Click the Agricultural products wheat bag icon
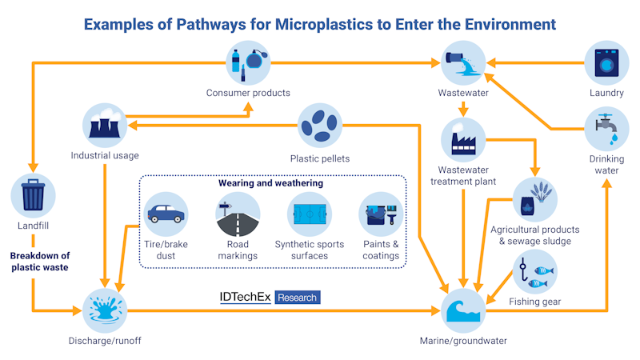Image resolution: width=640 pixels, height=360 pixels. click(x=534, y=198)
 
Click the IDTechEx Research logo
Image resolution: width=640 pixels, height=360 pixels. click(x=269, y=298)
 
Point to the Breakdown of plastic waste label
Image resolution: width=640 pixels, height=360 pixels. click(x=40, y=262)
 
